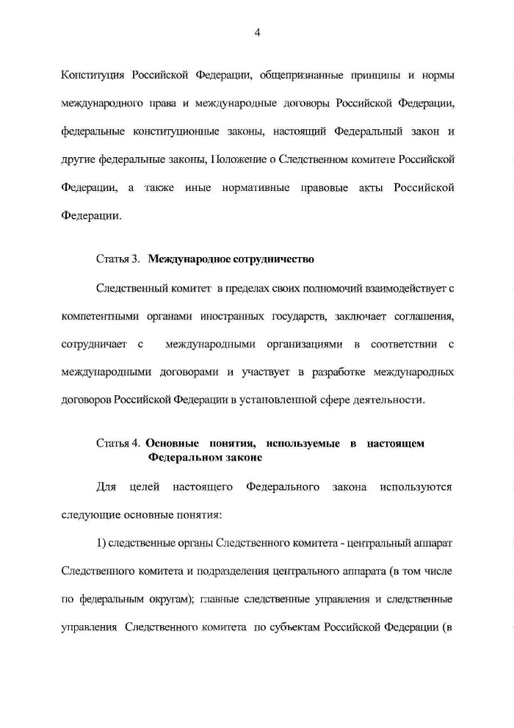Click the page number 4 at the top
tap(257, 32)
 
